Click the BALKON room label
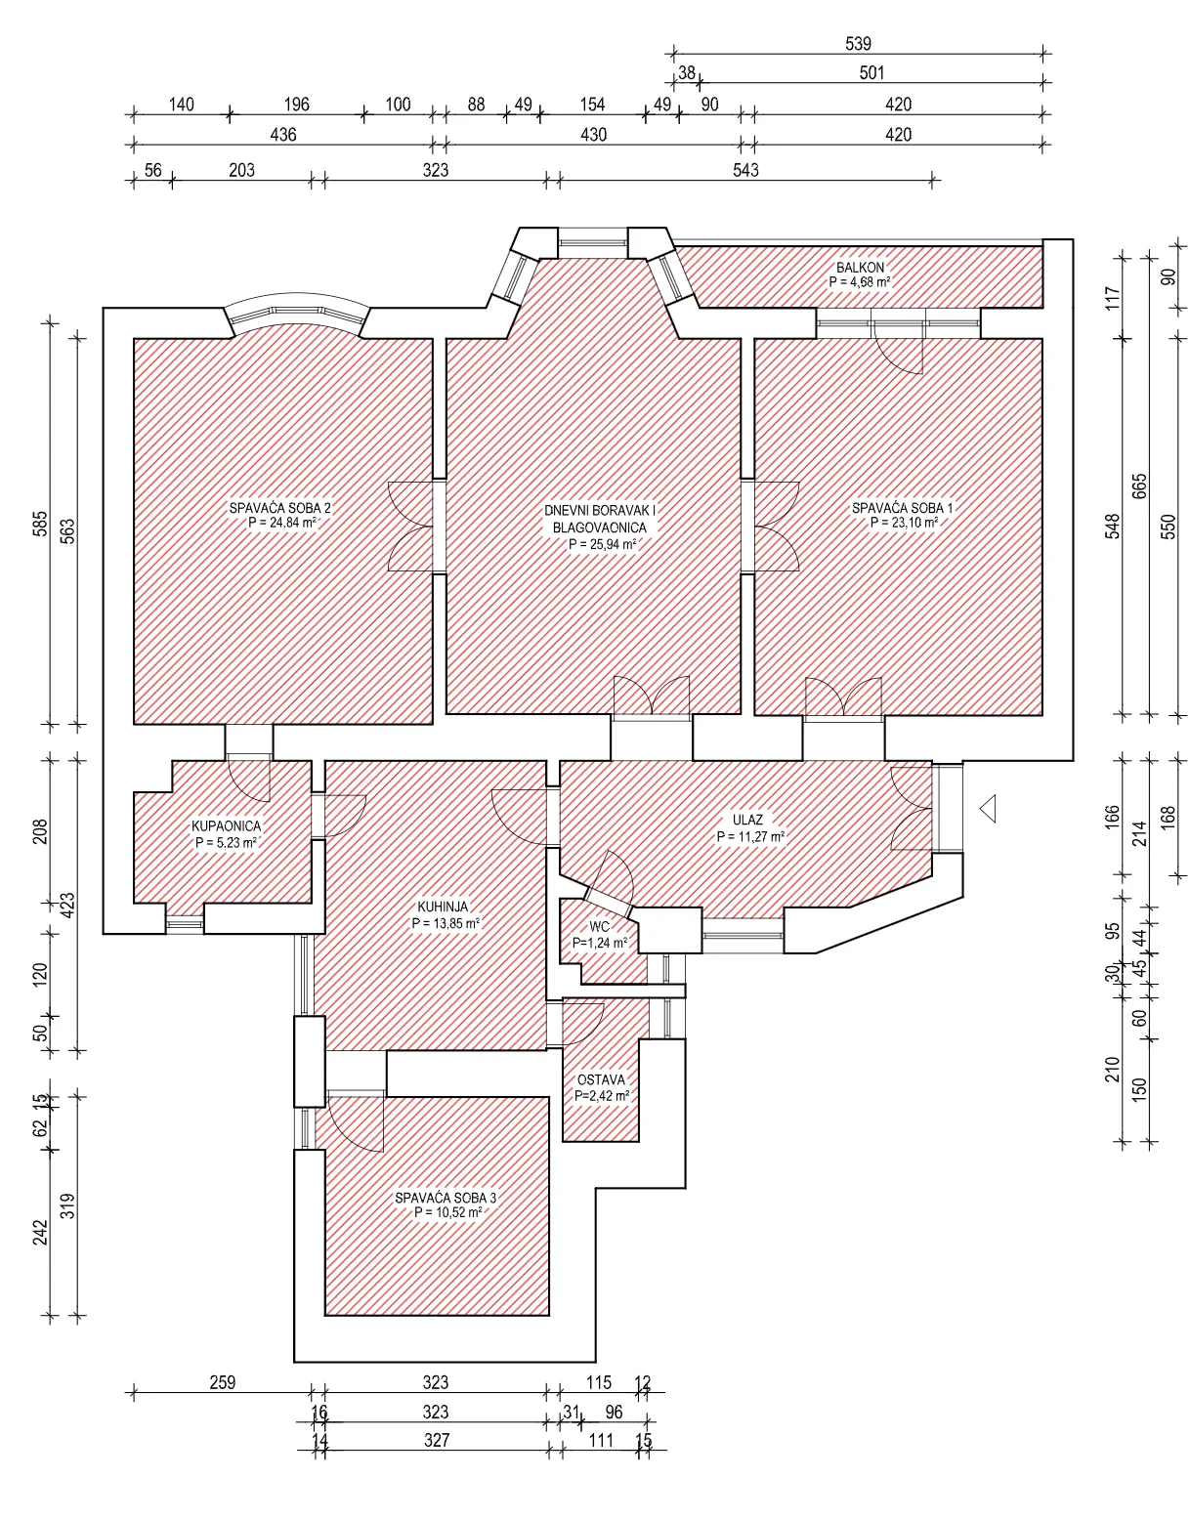tap(860, 268)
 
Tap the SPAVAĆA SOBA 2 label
tap(279, 508)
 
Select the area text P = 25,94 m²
tap(603, 544)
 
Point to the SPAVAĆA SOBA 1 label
tap(902, 508)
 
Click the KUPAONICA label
tap(226, 826)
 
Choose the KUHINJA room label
tap(443, 908)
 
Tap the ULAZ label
tap(747, 820)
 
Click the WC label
tap(599, 927)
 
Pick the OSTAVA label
tap(601, 1080)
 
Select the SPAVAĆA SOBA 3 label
tap(446, 1198)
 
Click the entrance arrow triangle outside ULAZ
tap(988, 809)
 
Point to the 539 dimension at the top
tap(859, 44)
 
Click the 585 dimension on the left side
tap(41, 524)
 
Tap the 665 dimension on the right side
tap(1139, 486)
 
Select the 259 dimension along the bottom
tap(223, 1383)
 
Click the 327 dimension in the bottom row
tap(437, 1440)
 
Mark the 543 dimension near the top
tap(745, 170)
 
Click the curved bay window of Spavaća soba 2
tap(297, 310)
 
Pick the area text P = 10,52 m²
tap(447, 1212)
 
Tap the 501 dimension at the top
tap(871, 72)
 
